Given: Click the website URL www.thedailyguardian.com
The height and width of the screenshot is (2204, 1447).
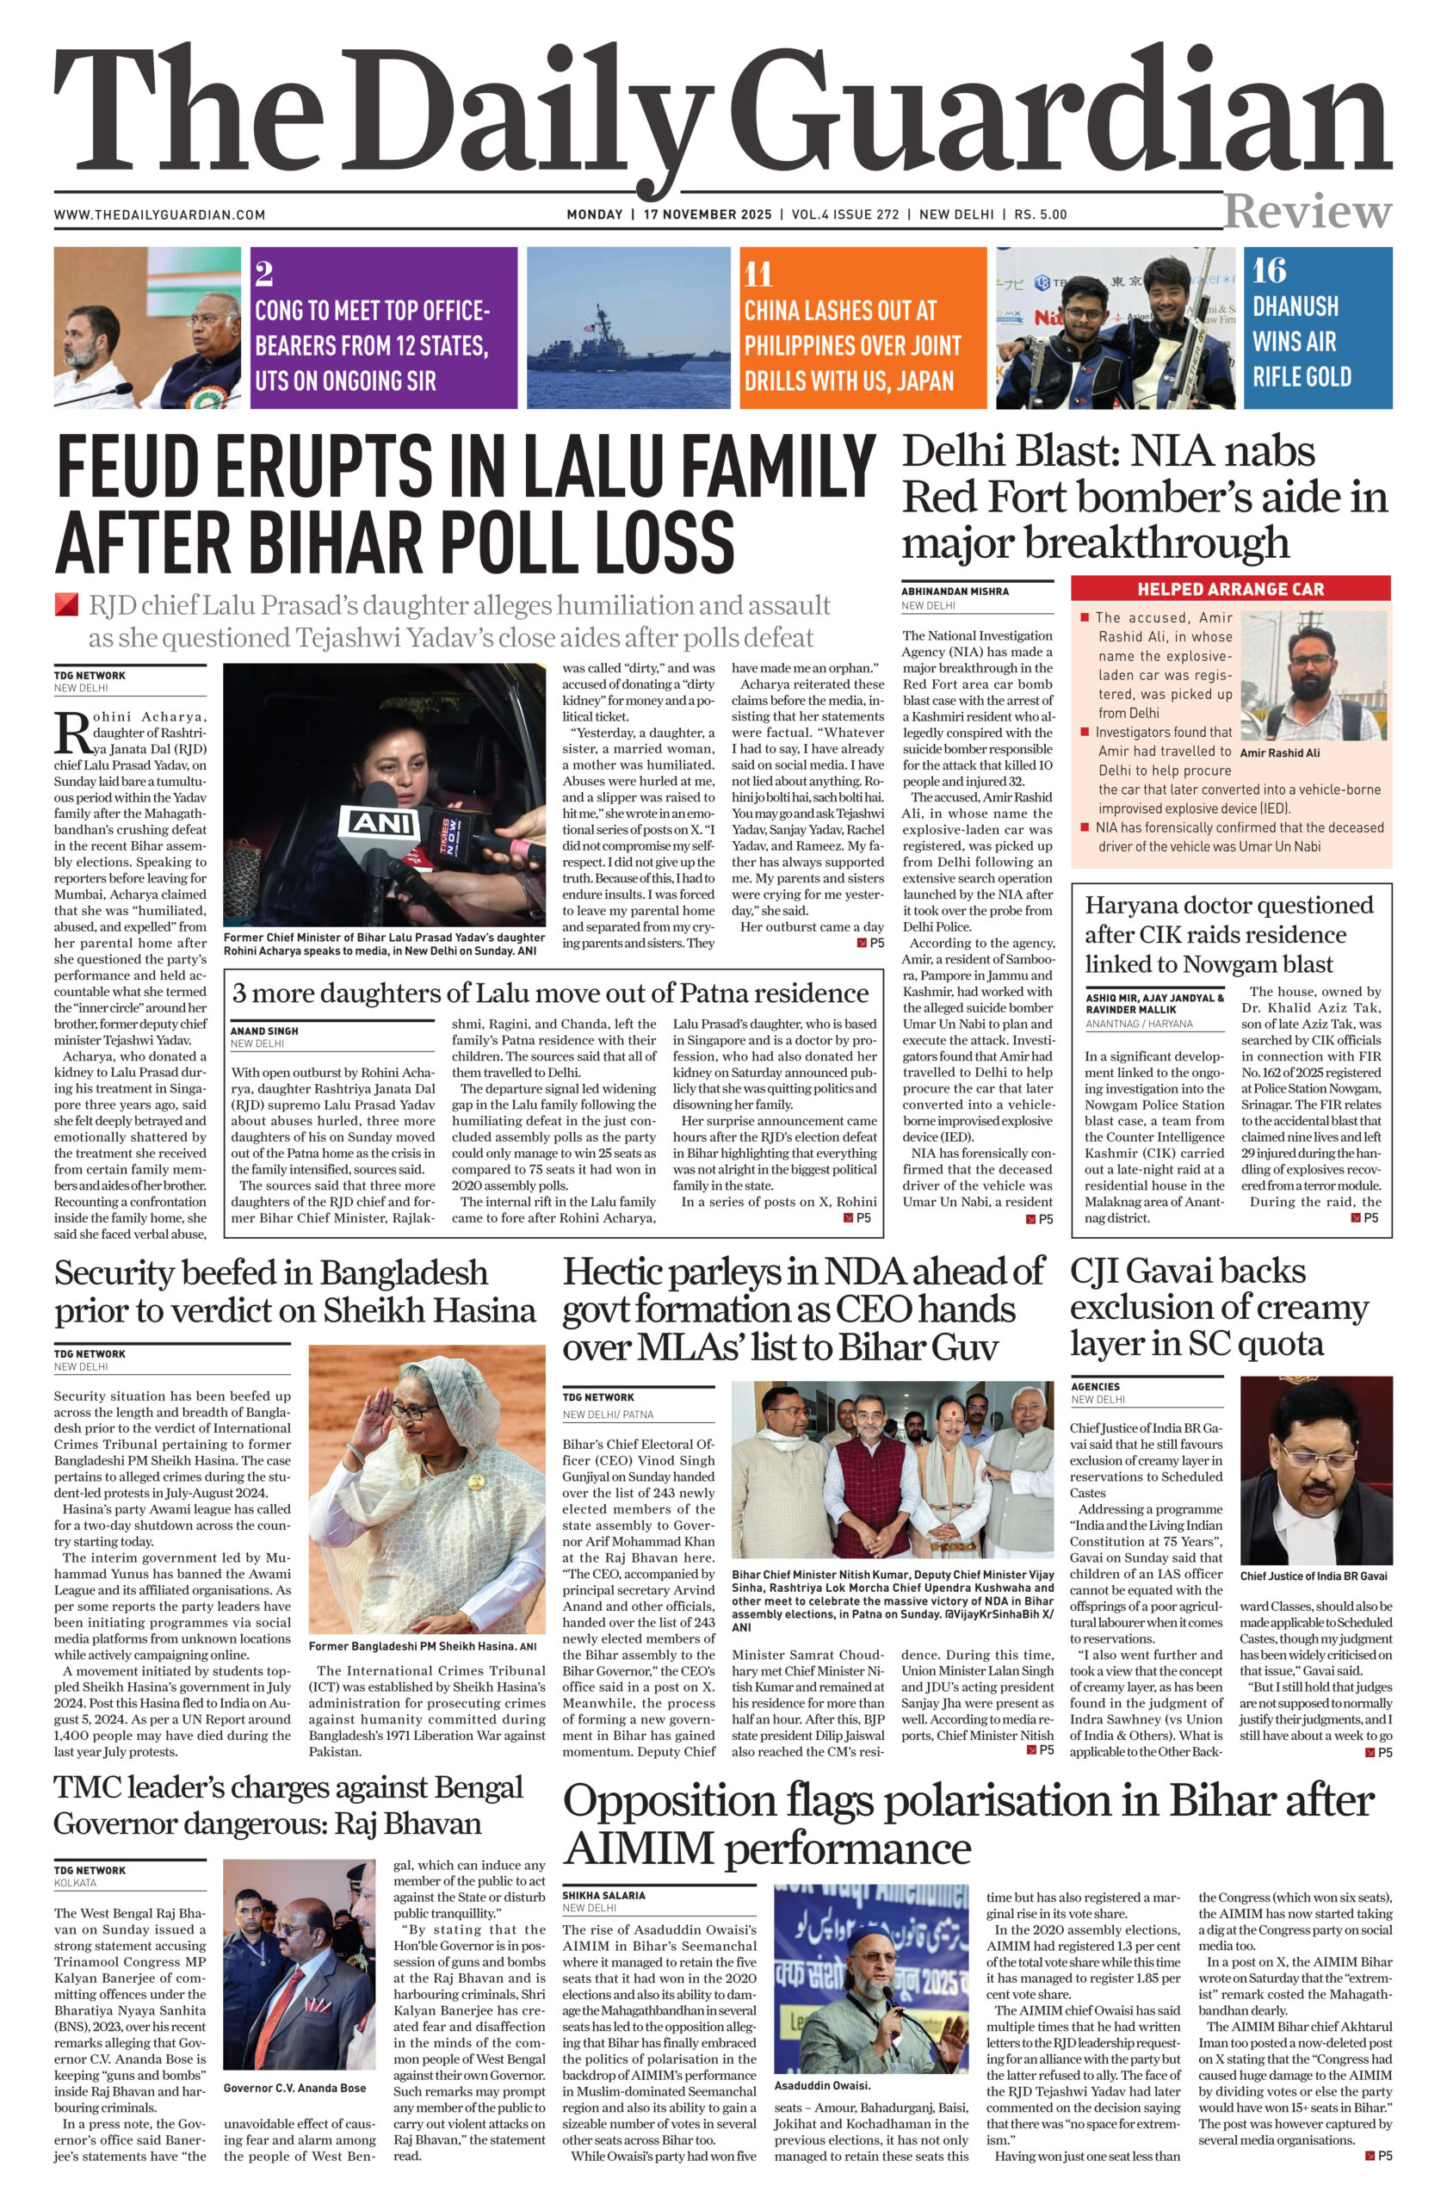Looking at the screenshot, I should (159, 215).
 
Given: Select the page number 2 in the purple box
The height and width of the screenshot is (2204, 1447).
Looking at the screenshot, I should (264, 274).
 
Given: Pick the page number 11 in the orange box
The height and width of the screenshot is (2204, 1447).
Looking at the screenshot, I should (758, 274).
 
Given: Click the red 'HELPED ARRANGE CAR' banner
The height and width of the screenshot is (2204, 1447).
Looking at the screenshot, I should (1229, 589).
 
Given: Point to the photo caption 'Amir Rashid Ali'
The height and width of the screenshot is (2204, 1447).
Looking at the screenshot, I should (1279, 752).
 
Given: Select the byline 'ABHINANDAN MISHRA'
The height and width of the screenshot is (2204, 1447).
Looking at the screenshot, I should (955, 591).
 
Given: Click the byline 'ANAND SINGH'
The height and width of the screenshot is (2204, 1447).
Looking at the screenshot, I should (264, 1031).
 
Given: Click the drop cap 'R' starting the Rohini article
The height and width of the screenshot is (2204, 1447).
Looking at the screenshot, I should (71, 733).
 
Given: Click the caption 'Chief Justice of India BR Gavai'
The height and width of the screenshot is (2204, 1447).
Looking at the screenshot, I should (1313, 1576).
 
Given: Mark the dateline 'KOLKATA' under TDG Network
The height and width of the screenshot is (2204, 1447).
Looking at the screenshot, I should (75, 1883).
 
